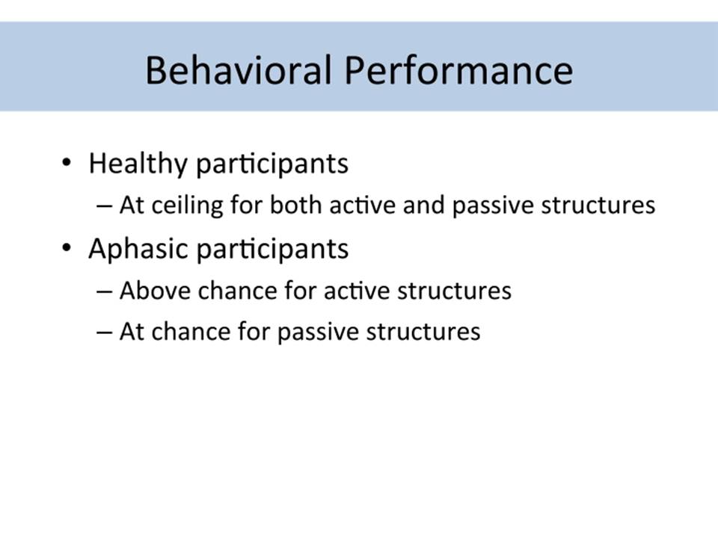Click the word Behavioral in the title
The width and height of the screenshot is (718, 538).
(x=239, y=70)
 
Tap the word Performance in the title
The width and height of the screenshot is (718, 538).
(x=458, y=70)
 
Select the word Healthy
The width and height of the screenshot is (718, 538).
(x=138, y=164)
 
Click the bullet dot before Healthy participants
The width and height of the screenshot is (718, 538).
(x=67, y=162)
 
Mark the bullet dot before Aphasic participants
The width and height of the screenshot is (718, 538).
(x=67, y=248)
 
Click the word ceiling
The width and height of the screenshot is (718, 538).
(x=187, y=205)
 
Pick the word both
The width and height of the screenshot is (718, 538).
(x=296, y=204)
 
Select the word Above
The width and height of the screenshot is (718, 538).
(x=155, y=291)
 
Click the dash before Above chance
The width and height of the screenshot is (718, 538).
(x=105, y=292)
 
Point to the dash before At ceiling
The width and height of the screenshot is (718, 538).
(x=105, y=206)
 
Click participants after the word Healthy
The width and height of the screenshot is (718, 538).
(x=272, y=164)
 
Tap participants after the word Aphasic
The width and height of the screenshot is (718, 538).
(x=272, y=250)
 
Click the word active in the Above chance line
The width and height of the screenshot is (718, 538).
(x=360, y=291)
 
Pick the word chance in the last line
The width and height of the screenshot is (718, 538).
(x=191, y=331)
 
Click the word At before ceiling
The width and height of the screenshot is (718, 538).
(x=132, y=205)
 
